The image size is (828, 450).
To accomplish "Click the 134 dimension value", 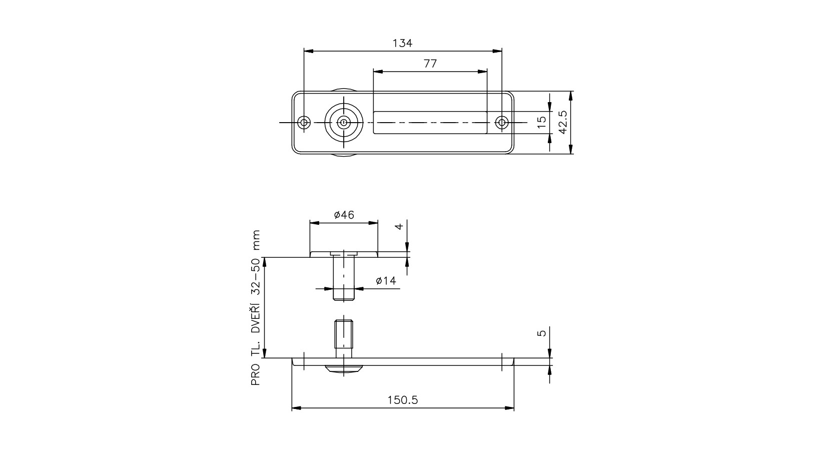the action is click(402, 43).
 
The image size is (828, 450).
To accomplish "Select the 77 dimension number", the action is click(430, 64).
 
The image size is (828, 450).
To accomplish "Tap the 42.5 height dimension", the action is click(563, 122).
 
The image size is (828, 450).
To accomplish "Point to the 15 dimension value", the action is click(541, 122).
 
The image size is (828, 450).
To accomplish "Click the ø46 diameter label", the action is click(344, 215).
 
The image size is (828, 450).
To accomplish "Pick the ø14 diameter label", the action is click(386, 281).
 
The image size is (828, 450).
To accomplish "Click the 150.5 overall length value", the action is click(403, 400).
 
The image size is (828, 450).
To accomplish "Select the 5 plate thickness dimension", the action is click(541, 333).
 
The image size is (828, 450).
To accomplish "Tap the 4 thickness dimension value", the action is click(399, 226).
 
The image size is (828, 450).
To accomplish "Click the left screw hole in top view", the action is click(304, 122).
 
